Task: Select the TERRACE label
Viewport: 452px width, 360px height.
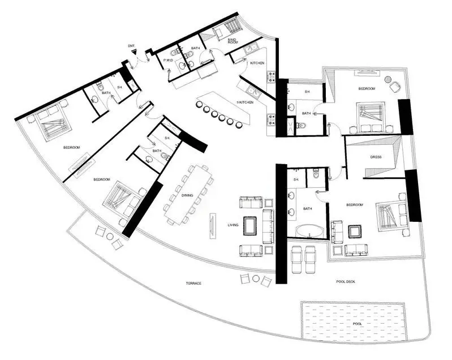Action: point(193,283)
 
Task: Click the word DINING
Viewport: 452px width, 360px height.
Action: point(187,195)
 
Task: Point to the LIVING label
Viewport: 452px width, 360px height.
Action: point(233,225)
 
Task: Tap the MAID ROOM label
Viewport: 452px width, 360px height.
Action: point(232,40)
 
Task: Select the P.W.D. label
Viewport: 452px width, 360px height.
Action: point(168,59)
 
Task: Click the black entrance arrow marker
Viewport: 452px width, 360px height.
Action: point(135,52)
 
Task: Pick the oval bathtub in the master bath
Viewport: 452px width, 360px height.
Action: point(308,232)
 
